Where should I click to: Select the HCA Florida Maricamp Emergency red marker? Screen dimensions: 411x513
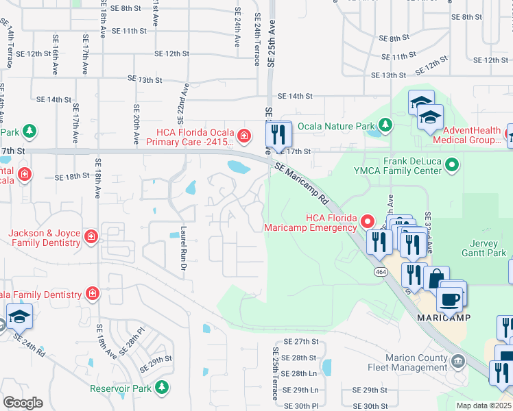(x=368, y=221)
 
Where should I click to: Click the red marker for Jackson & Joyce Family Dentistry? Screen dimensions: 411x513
(x=91, y=238)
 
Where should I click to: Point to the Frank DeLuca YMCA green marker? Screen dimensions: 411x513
(x=451, y=164)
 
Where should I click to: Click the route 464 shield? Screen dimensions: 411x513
(x=379, y=272)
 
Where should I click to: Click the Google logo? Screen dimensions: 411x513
(x=22, y=402)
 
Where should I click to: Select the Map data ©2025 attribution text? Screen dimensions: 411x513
(x=484, y=406)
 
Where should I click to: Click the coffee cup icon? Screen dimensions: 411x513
(x=451, y=298)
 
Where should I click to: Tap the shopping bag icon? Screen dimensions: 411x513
(x=436, y=279)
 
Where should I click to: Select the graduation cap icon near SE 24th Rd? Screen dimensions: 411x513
(x=19, y=316)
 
